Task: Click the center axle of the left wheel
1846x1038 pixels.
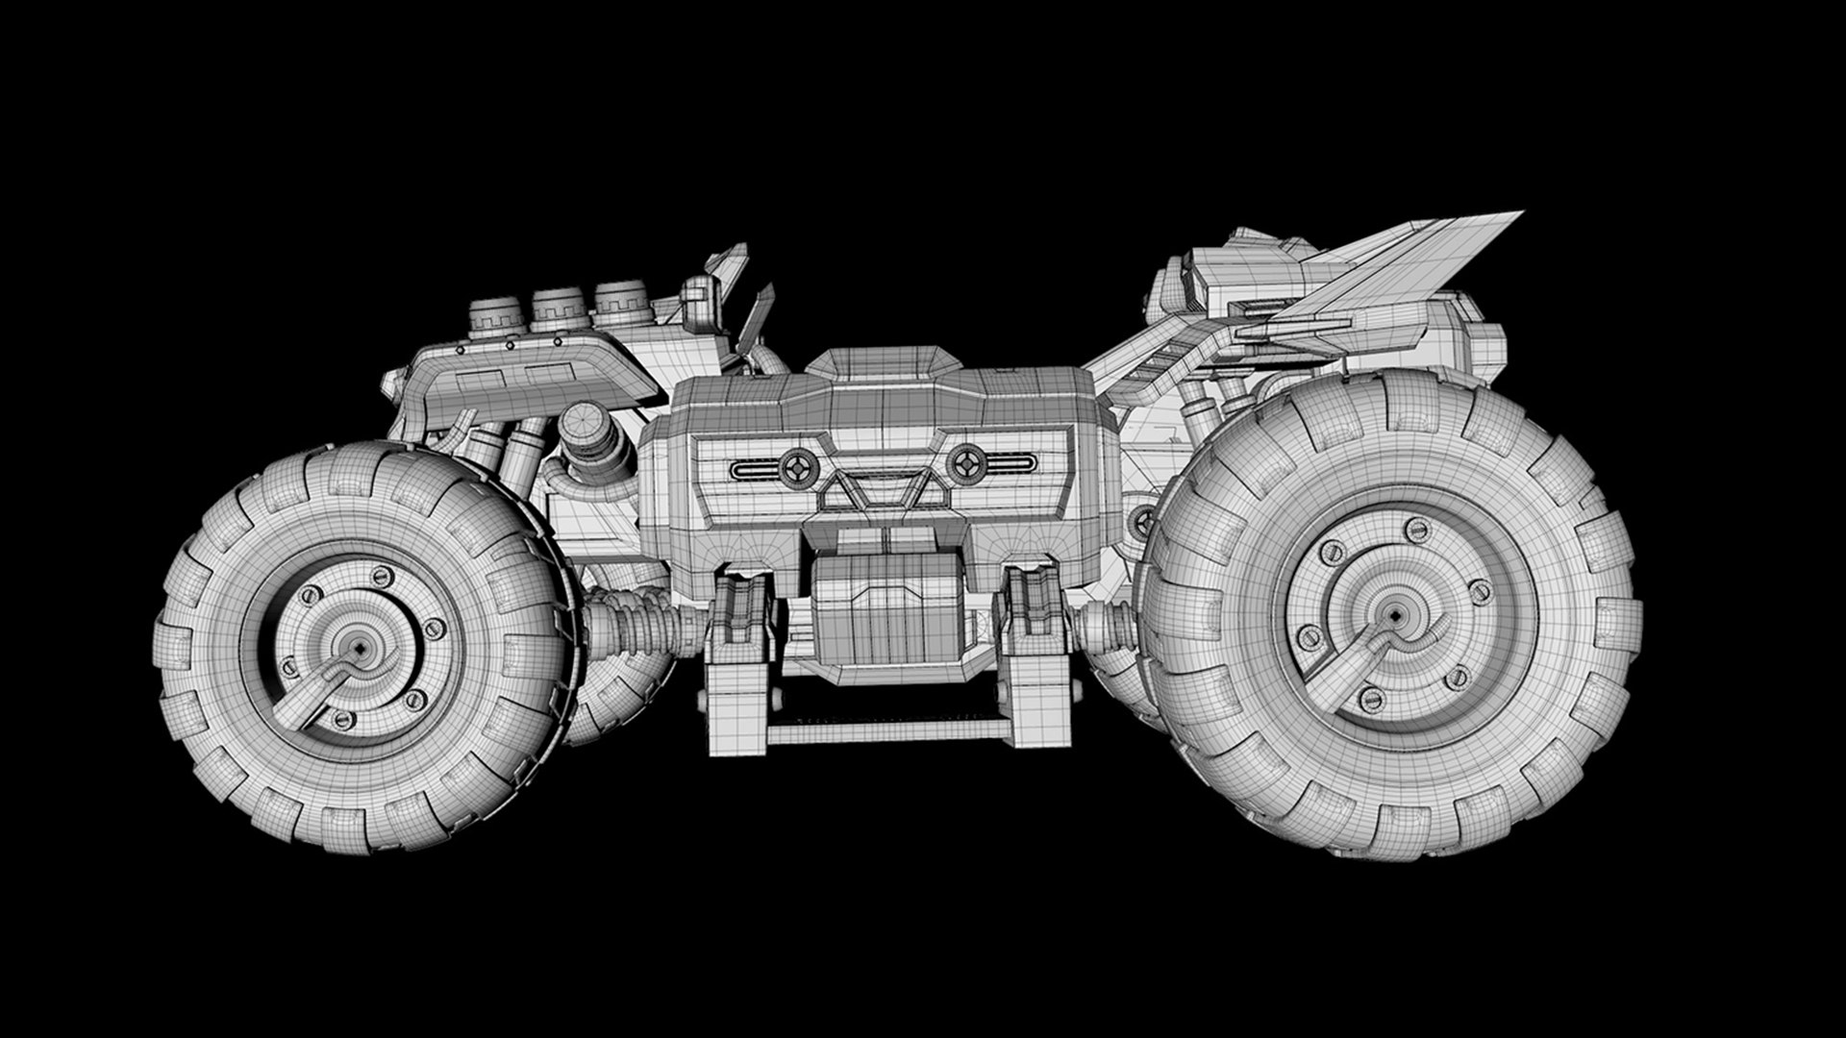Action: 358,650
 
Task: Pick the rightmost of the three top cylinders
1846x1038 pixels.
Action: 621,302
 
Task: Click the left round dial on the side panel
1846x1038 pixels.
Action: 797,468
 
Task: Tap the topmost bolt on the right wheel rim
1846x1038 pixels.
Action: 1415,528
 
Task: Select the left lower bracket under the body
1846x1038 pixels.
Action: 740,663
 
